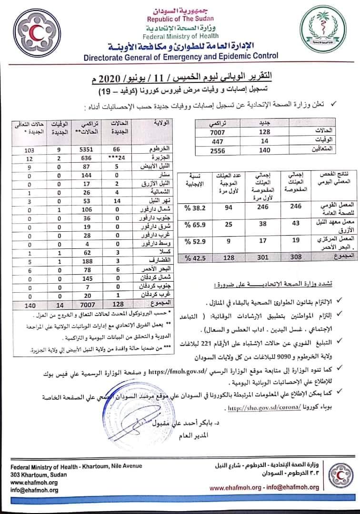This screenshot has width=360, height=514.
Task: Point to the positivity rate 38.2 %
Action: point(190,208)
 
